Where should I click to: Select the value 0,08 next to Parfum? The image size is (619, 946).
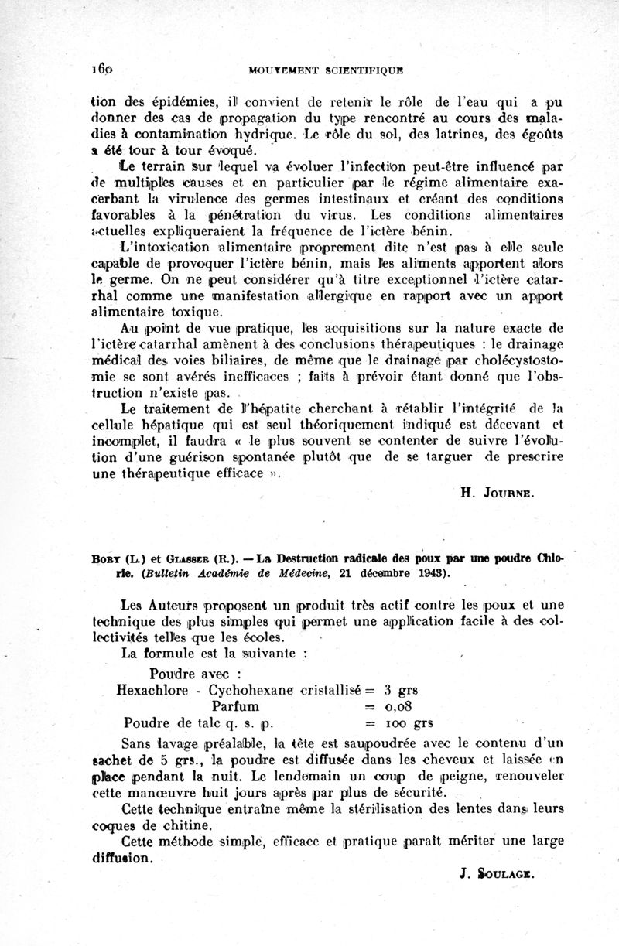coord(403,707)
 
